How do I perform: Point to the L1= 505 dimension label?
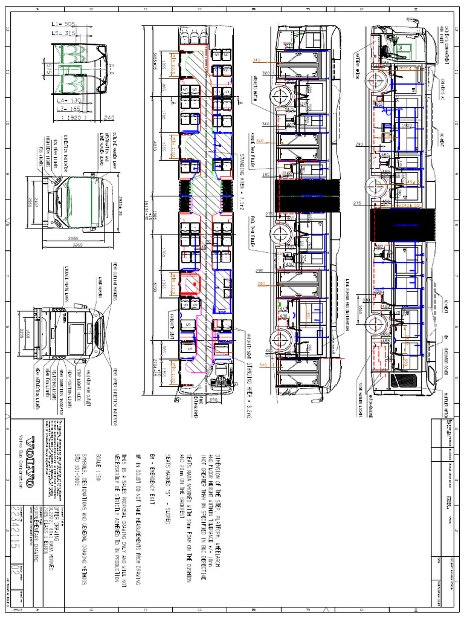coord(63,24)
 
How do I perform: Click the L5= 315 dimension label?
coord(63,33)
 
